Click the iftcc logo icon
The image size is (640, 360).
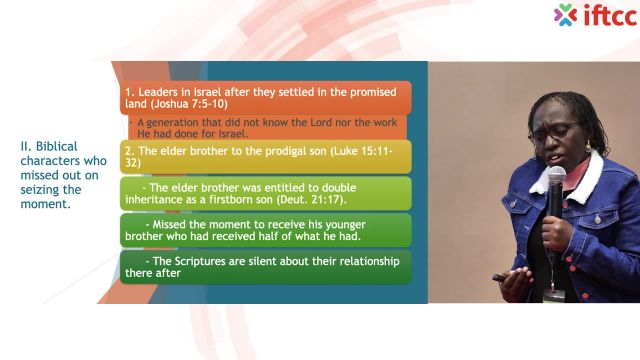pyautogui.click(x=566, y=15)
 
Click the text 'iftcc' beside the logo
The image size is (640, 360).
pyautogui.click(x=604, y=15)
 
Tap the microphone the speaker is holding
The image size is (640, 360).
pyautogui.click(x=556, y=180)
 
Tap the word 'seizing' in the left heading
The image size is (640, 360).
pyautogui.click(x=41, y=189)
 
